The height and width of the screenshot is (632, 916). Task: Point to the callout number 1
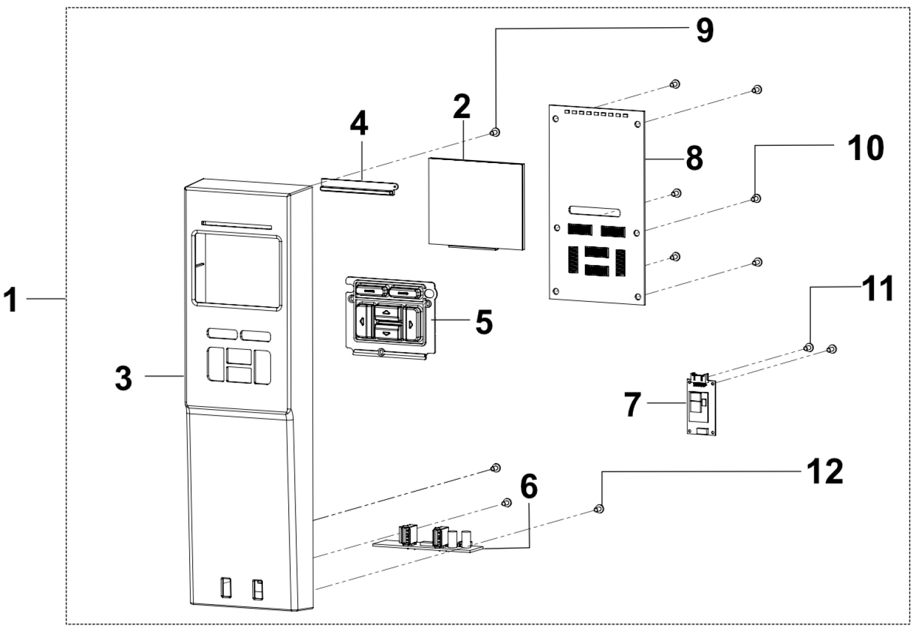(x=12, y=300)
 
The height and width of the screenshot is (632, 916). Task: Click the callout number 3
(x=123, y=378)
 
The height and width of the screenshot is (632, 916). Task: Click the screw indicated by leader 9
(x=494, y=132)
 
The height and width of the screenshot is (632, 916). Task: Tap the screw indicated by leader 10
(x=756, y=198)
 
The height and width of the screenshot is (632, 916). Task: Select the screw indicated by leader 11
(x=808, y=347)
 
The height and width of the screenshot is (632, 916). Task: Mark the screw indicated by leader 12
(x=599, y=509)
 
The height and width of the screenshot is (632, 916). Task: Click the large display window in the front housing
(x=236, y=270)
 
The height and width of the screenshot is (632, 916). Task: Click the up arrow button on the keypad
(x=387, y=311)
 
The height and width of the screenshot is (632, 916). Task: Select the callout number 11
(x=877, y=291)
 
